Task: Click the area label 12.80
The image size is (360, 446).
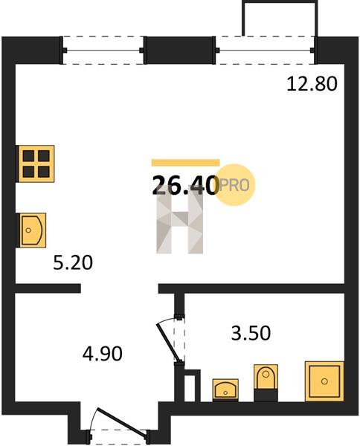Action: (312, 84)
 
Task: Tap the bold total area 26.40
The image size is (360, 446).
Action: (185, 185)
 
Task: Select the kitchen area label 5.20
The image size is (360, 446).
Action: (73, 263)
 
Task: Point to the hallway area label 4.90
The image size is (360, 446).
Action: (103, 354)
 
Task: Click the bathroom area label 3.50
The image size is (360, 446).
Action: (251, 333)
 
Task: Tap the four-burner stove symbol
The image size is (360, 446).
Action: (35, 164)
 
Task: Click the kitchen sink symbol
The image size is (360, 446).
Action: (31, 230)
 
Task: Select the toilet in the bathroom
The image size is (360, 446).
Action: (266, 383)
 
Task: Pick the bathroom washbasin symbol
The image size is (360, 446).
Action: (225, 390)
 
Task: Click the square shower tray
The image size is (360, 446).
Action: (324, 381)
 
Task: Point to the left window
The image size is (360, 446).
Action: (103, 51)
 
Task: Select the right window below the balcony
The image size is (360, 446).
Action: (266, 51)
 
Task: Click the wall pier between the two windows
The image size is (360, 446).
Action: (179, 51)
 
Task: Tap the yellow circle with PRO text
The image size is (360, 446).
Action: (234, 185)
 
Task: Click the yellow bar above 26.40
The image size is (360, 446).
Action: (185, 163)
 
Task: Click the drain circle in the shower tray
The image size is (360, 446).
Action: (324, 381)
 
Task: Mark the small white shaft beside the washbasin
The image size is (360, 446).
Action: (190, 388)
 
